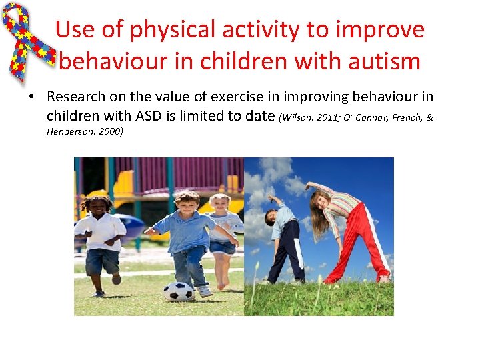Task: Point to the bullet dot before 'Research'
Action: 31,97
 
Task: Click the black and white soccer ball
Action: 178,291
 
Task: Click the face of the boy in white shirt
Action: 98,207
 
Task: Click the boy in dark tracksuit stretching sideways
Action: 283,240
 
